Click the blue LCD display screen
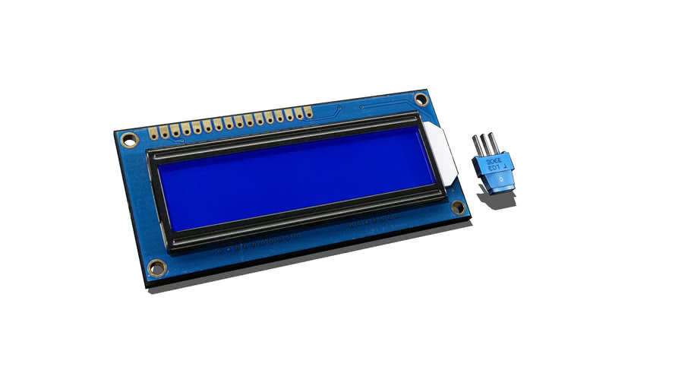click(296, 177)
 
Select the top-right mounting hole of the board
click(421, 99)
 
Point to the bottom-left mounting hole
click(156, 267)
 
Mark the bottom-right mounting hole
click(458, 207)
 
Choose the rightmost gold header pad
click(308, 112)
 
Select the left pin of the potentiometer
click(476, 146)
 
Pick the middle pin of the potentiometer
click(484, 144)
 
